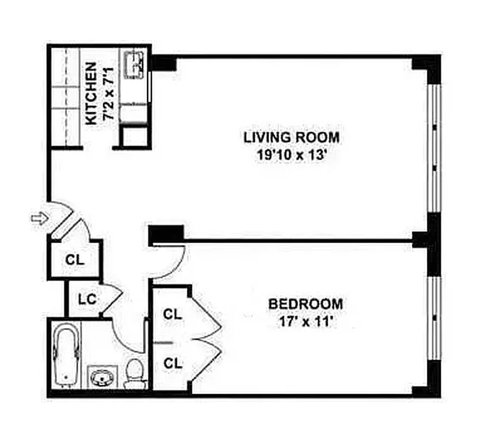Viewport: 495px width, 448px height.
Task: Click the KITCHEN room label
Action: click(91, 93)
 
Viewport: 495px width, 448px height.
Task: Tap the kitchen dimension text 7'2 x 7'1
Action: click(107, 93)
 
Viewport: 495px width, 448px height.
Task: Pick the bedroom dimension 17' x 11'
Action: click(305, 323)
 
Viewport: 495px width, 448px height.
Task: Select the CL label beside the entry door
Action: click(74, 260)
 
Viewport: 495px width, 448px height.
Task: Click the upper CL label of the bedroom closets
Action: click(173, 314)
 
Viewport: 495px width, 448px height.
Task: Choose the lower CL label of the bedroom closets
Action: click(173, 363)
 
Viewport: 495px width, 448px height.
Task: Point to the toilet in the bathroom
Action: click(134, 374)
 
